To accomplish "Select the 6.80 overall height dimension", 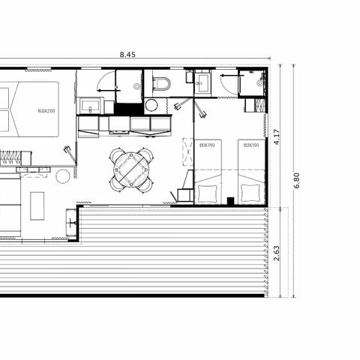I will pos(298,181).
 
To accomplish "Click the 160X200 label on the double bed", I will pos(46,111).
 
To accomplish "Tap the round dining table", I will pos(131,169).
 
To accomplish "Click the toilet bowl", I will pos(161,82).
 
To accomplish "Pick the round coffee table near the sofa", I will pos(63,176).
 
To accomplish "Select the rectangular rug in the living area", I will pos(37,203).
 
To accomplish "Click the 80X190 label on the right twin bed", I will pos(251,145).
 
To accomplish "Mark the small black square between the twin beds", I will pos(230,200).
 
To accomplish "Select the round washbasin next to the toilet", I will pos(151,105).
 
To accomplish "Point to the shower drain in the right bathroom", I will pos(259,84).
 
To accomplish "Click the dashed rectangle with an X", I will pos(187,152).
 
